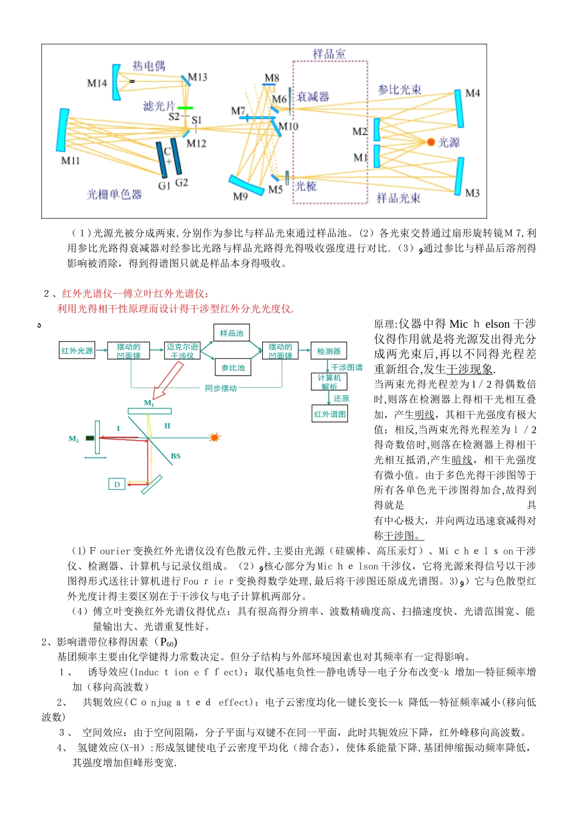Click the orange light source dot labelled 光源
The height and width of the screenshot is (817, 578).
click(431, 142)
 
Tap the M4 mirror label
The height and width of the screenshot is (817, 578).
click(472, 93)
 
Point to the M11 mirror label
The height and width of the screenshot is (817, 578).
click(71, 160)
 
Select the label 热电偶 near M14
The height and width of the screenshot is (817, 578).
click(148, 66)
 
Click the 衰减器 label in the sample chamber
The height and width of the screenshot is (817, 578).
click(313, 97)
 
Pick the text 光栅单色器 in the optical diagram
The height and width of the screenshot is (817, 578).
click(114, 195)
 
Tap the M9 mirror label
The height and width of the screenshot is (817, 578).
click(240, 196)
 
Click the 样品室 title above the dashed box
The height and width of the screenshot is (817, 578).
click(329, 53)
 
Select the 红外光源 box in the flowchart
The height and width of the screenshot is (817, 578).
click(77, 351)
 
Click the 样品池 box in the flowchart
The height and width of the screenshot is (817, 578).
click(232, 333)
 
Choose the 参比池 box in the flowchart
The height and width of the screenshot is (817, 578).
click(232, 367)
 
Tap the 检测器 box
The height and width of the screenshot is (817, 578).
click(329, 351)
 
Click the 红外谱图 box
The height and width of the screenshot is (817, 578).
click(330, 414)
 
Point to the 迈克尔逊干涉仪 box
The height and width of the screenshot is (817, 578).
click(183, 351)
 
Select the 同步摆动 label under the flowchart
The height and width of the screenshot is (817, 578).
click(221, 388)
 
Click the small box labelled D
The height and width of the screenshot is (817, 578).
click(117, 484)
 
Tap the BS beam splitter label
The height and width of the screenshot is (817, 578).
click(176, 456)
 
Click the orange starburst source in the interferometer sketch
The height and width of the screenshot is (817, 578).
click(214, 437)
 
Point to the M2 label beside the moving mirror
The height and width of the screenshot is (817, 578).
click(74, 438)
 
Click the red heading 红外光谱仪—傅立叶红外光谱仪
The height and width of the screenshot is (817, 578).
click(135, 294)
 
